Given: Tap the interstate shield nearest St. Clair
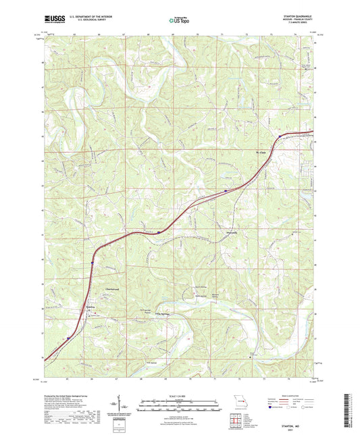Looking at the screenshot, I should click(278, 138).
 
